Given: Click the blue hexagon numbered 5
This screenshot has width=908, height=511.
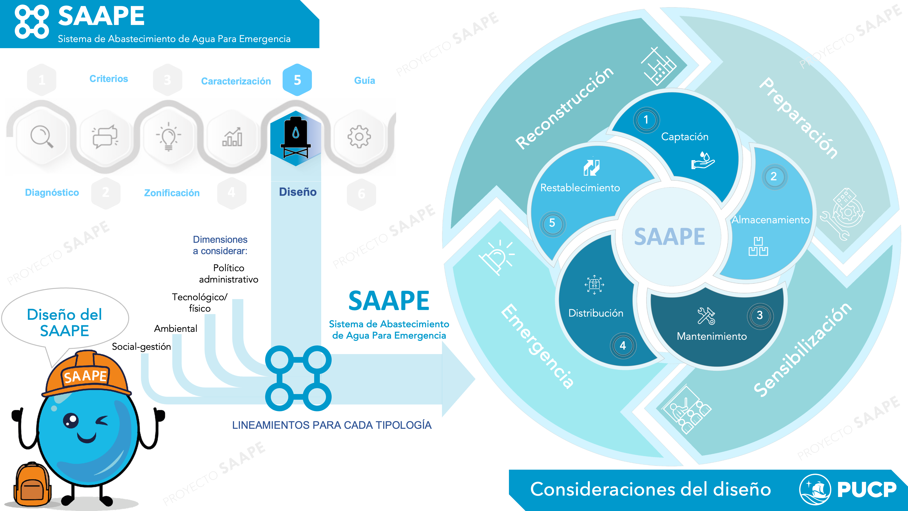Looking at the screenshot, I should (297, 80).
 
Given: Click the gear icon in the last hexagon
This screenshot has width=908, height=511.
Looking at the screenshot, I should (359, 136).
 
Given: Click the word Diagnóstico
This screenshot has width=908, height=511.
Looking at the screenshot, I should (52, 193).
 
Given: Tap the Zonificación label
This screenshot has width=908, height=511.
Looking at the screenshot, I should (172, 193).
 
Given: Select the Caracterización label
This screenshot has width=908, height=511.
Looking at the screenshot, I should (236, 81).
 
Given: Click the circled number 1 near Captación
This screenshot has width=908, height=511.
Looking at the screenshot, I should (646, 120).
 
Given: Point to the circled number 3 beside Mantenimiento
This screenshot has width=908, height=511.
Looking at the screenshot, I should (760, 315).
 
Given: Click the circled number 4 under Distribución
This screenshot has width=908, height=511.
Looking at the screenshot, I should (623, 346).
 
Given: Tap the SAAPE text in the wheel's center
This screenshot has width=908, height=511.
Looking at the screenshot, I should (669, 237).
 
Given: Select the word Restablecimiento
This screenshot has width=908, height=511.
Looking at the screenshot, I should (580, 188).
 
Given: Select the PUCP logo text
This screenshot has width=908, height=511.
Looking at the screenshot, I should (866, 489).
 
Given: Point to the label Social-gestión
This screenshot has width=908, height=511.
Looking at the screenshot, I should (141, 347).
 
